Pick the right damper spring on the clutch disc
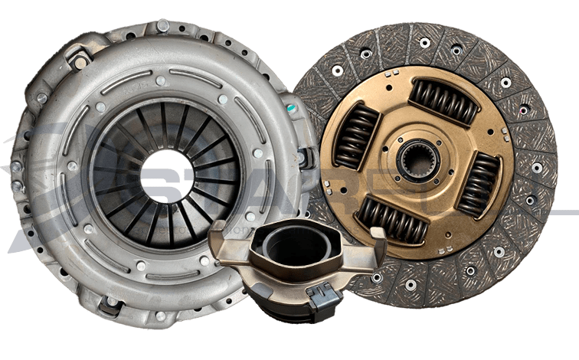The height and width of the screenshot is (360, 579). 478,185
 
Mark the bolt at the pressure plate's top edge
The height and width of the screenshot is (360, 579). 162,27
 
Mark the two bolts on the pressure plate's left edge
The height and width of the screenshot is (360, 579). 16,176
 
